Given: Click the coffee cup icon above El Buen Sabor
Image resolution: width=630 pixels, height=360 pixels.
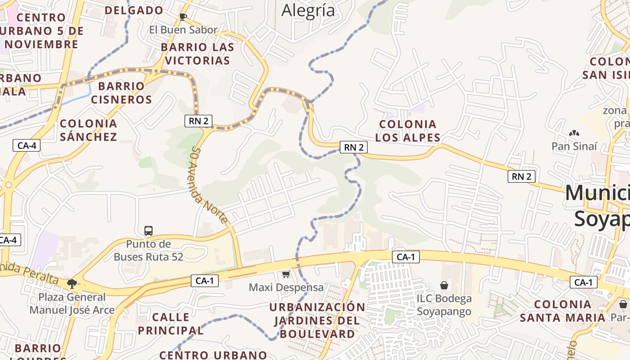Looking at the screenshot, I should click(183, 17).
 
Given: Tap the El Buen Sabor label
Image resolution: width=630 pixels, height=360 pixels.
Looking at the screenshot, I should click(184, 30).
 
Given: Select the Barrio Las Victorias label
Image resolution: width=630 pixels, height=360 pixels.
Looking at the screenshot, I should click(198, 54).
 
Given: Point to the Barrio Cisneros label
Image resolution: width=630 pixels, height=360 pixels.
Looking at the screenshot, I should click(121, 92).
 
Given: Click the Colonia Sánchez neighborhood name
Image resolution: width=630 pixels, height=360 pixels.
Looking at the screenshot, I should click(89, 130).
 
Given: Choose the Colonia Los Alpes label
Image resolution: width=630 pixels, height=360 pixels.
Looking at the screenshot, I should click(408, 131).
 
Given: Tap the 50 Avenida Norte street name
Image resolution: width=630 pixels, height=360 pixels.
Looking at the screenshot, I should click(210, 184).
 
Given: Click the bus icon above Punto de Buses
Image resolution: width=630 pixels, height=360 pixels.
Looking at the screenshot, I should click(148, 231).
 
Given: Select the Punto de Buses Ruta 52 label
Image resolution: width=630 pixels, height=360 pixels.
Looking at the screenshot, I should click(148, 250).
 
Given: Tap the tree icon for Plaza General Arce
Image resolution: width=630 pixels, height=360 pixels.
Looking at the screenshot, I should click(72, 283).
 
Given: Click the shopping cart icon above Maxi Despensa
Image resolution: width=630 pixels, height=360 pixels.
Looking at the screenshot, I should click(286, 274).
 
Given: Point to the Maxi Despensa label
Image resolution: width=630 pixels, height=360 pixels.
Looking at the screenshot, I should click(286, 287).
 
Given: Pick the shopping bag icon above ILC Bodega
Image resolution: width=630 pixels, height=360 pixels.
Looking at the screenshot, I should click(444, 285).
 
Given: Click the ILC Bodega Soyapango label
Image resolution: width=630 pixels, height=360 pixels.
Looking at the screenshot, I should click(444, 305).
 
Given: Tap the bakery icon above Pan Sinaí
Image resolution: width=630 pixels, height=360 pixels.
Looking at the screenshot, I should click(574, 133).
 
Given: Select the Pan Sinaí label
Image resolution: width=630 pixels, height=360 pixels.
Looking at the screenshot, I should click(575, 146).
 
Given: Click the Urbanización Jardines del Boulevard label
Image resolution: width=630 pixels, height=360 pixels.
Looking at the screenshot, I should click(318, 320).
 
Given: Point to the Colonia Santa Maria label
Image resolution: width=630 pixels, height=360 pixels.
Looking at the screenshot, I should click(562, 311).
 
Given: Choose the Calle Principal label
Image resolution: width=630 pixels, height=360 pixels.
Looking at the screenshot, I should click(171, 324).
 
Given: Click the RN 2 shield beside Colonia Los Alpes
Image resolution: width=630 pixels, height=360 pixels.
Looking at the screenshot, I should click(354, 147).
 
